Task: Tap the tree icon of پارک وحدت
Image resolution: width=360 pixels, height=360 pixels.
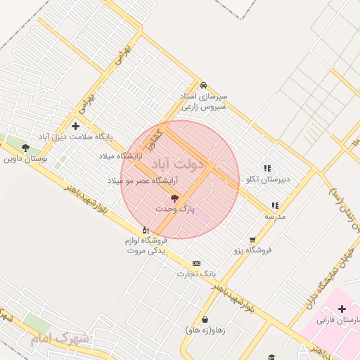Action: (175, 199)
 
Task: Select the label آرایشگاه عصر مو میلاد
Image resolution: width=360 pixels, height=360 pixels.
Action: (142, 181)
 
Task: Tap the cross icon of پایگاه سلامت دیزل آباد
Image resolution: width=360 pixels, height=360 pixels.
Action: (76, 126)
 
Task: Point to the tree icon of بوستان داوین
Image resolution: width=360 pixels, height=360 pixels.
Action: (26, 148)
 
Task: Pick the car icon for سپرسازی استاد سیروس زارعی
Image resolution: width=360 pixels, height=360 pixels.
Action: (203, 84)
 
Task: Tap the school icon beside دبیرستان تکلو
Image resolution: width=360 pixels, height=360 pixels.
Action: (266, 168)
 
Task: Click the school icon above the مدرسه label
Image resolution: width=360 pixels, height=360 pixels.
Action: (275, 205)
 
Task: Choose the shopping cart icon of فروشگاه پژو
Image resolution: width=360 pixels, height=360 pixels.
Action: (252, 239)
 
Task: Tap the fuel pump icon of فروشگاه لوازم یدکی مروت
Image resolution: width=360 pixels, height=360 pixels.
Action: (145, 230)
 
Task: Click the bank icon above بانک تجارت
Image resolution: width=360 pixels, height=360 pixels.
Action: (195, 262)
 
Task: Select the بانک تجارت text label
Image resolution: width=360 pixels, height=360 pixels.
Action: (196, 273)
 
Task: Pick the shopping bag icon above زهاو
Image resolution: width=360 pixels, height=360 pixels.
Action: (205, 319)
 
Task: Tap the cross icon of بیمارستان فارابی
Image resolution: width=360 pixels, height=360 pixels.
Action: (342, 309)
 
